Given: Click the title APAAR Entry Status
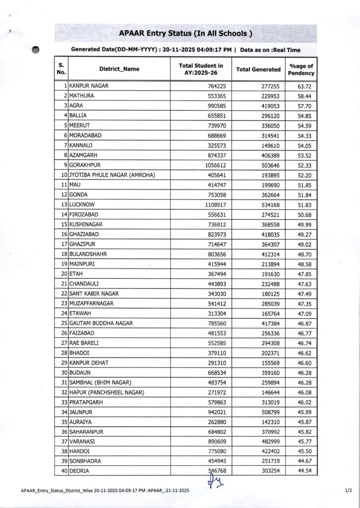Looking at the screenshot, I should click(x=186, y=34).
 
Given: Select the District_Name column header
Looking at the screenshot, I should click(x=119, y=69).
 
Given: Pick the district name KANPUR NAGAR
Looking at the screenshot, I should click(x=89, y=86).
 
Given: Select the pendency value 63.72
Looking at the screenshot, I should click(x=306, y=86).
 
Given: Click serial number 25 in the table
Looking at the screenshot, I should click(x=64, y=323).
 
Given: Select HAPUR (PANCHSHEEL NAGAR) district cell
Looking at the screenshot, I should click(x=107, y=392).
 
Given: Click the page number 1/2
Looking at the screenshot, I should click(x=348, y=490).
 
